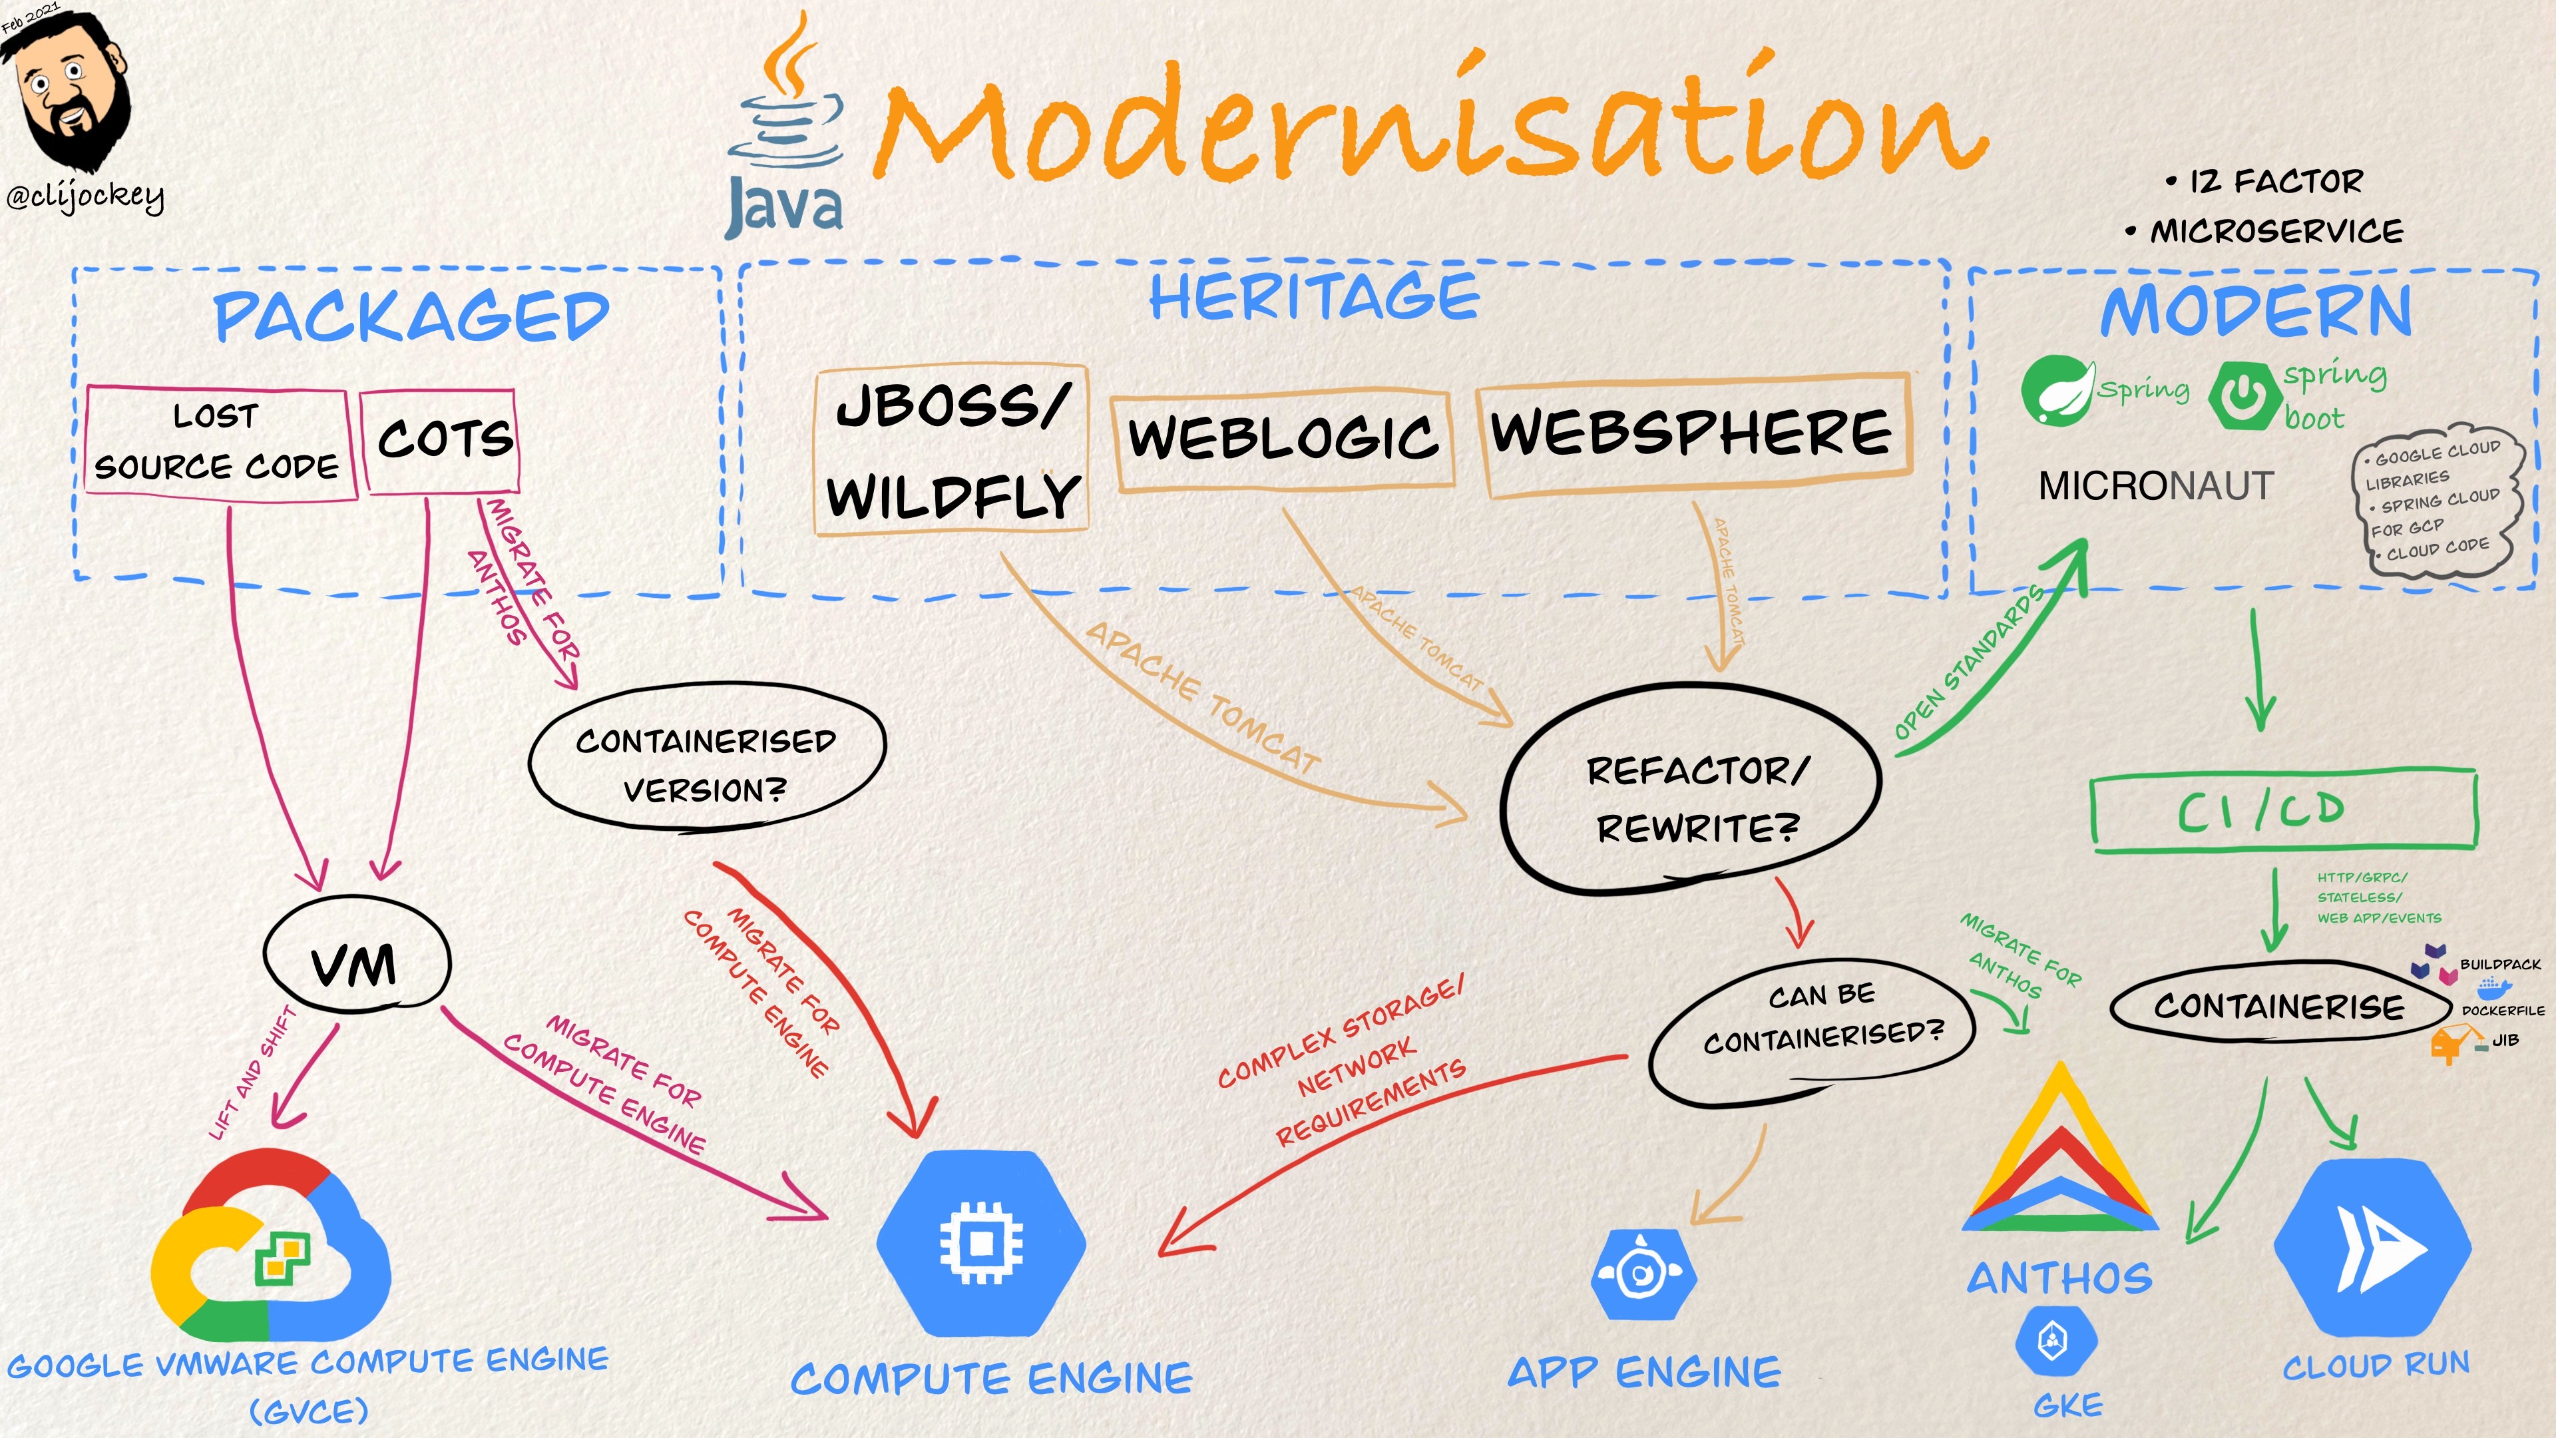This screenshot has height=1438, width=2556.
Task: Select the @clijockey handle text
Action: pyautogui.click(x=85, y=196)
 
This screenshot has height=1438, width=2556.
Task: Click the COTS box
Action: pyautogui.click(x=441, y=439)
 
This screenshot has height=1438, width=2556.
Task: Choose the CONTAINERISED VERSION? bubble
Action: pyautogui.click(x=706, y=765)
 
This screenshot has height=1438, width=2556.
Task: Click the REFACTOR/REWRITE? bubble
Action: pyautogui.click(x=1693, y=795)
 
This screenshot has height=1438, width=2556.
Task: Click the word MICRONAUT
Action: pyautogui.click(x=2155, y=486)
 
